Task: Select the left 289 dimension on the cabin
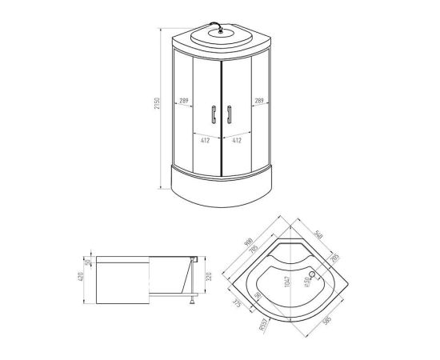pos(182,101)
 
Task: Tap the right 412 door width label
pos(238,139)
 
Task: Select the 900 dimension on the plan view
pos(248,241)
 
